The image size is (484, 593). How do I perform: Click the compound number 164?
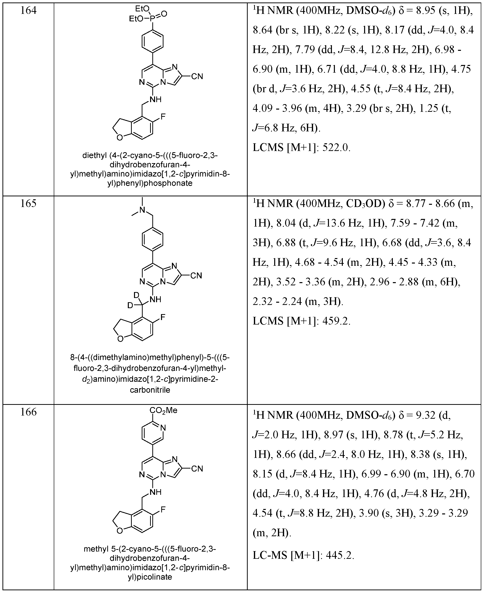point(28,11)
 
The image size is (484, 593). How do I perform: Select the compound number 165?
point(28,204)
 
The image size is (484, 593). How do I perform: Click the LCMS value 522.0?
point(336,148)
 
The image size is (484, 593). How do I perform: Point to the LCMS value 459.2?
point(336,321)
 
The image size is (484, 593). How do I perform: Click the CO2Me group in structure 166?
point(163,411)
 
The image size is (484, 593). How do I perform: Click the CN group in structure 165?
point(196,276)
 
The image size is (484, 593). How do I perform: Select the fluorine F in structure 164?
point(163,116)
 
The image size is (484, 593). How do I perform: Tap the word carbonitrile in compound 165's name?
point(150,390)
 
